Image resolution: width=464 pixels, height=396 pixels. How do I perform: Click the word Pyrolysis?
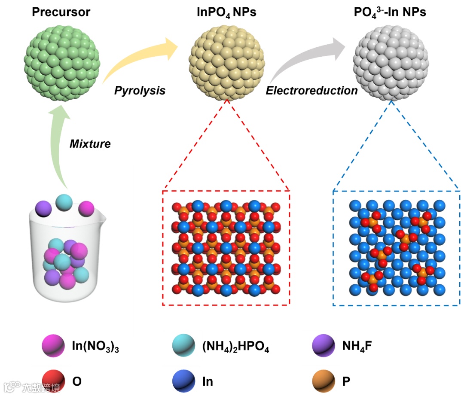point(140,91)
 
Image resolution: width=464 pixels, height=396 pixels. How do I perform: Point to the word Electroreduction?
point(311,91)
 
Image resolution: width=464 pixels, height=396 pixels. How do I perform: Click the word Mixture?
point(90,144)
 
